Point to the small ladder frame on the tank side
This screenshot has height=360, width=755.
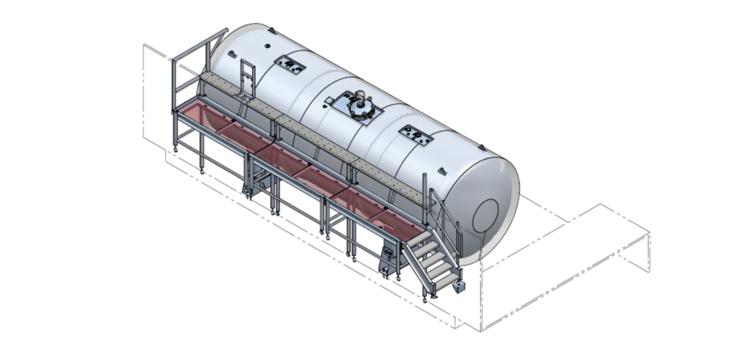[246, 78]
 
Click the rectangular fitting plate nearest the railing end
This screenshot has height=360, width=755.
[290, 66]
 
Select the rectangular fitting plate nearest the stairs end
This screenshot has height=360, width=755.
[416, 134]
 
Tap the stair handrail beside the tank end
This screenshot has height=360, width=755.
[446, 217]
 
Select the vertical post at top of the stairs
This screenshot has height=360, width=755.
[425, 190]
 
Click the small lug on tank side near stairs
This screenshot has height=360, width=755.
[443, 171]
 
